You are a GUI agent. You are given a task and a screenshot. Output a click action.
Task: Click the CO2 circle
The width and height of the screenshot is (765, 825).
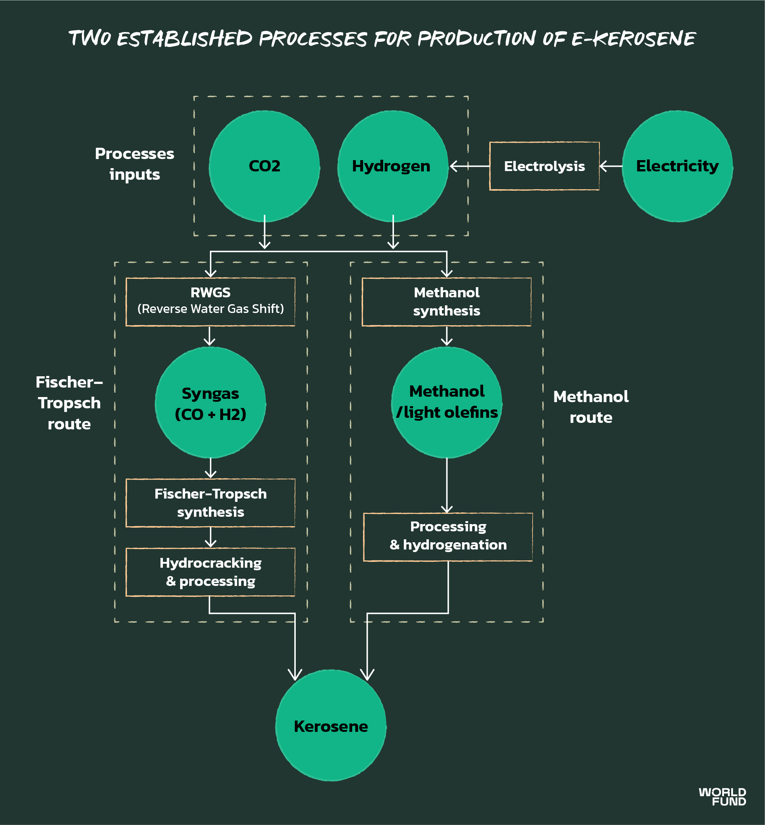(x=264, y=166)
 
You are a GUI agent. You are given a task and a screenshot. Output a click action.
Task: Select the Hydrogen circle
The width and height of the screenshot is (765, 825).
(x=393, y=166)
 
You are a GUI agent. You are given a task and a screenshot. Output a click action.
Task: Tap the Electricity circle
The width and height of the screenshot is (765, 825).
(x=677, y=166)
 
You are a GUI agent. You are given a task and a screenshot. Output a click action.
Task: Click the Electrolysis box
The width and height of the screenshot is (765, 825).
(x=544, y=166)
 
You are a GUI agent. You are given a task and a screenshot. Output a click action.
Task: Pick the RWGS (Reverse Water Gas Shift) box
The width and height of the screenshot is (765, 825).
(x=210, y=302)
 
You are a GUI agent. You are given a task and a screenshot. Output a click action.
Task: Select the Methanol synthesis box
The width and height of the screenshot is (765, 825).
(x=446, y=302)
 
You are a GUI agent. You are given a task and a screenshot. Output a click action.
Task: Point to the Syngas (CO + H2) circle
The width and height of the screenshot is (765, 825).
(x=210, y=402)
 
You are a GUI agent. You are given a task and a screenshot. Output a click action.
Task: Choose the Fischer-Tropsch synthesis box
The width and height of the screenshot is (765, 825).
(x=210, y=503)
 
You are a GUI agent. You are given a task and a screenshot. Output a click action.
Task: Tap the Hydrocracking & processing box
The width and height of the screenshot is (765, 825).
(x=210, y=572)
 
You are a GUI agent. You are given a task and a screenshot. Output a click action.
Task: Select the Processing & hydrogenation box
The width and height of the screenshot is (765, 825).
(x=448, y=537)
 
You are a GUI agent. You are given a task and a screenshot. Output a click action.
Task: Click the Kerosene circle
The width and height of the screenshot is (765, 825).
(x=331, y=726)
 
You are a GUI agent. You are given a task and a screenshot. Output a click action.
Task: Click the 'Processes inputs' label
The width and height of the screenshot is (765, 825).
(x=135, y=164)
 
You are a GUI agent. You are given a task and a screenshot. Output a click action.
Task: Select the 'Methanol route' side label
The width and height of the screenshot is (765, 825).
(x=591, y=407)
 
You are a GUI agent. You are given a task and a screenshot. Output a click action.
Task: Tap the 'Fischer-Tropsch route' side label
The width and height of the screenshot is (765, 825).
(x=69, y=403)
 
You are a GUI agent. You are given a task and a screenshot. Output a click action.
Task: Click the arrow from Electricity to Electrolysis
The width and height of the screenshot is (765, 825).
(x=611, y=166)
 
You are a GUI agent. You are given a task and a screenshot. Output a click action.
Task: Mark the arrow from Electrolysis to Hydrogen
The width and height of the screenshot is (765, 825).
(x=469, y=166)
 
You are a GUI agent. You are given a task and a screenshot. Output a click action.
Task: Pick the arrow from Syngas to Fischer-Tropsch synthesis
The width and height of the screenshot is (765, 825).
(x=211, y=468)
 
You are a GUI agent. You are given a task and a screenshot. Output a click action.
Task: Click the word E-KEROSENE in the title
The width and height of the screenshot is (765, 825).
(x=633, y=39)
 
